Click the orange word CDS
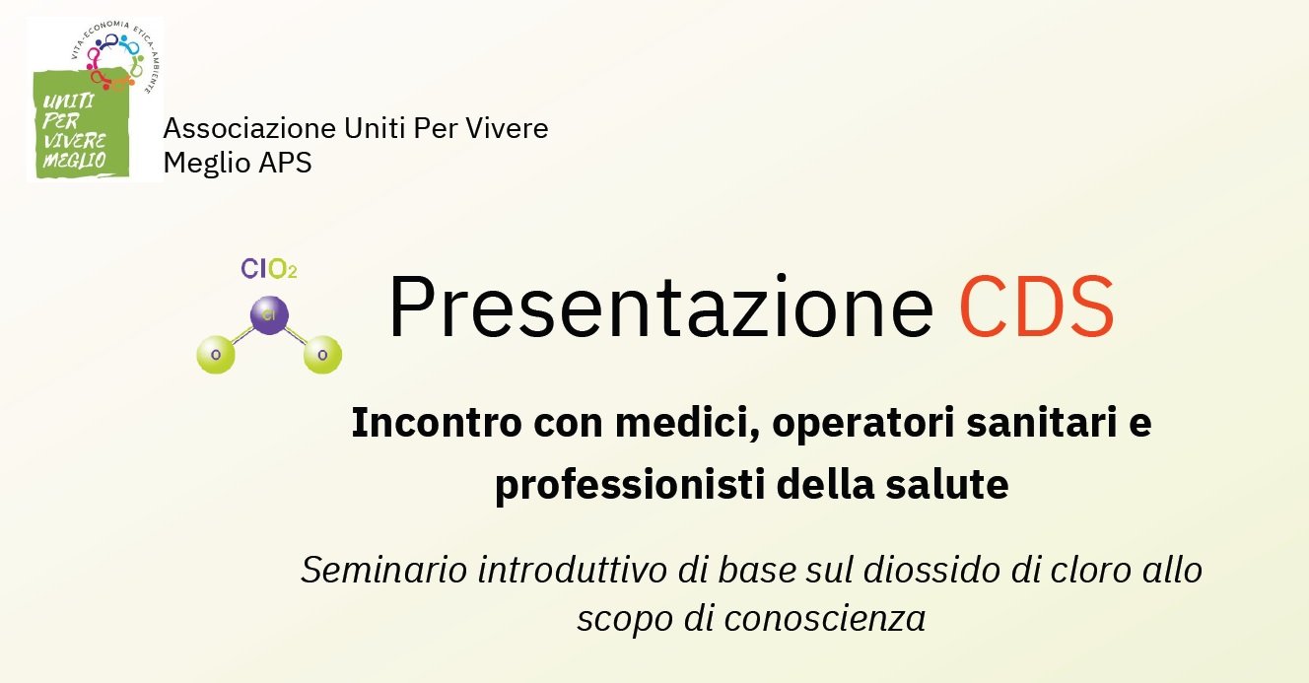pos(1037,307)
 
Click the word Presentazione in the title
pos(660,307)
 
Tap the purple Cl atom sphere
pos(269,315)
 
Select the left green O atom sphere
pos(216,355)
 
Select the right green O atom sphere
pos(322,355)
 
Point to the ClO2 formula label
pos(269,269)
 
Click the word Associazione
pos(249,128)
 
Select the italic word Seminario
pos(384,570)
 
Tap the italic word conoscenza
pos(825,618)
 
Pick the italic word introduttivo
pos(572,570)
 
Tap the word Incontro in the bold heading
pos(437,423)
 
